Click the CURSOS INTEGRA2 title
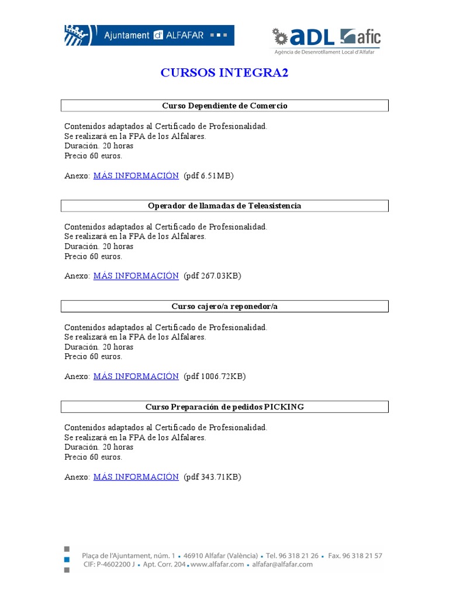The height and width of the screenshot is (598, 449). pos(224,73)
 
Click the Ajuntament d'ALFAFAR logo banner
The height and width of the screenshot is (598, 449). pos(148,35)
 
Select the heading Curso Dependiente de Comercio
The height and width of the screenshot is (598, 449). pos(224,106)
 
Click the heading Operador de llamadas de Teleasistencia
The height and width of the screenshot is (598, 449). pos(224,206)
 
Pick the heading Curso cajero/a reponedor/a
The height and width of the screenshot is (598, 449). pos(224,306)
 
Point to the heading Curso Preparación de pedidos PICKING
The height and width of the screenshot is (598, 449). pos(224,406)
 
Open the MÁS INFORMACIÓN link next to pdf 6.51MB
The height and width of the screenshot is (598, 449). pos(136,176)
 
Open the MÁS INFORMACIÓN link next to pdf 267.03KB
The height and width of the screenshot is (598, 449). pos(136,276)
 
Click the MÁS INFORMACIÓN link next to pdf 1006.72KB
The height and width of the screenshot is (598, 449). pos(136,377)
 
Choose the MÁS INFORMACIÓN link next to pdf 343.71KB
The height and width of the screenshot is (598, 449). pos(136,477)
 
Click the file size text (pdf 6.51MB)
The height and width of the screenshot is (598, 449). pos(208,176)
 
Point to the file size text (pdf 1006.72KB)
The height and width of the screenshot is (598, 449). pos(215,377)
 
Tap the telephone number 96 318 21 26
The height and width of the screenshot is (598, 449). pos(298,556)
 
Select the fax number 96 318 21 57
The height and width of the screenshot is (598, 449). pos(362,556)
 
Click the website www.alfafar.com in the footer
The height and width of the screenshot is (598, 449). pos(218,565)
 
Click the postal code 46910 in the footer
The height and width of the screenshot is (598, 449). pos(195,556)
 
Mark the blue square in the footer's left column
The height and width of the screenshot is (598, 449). pos(67,559)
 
